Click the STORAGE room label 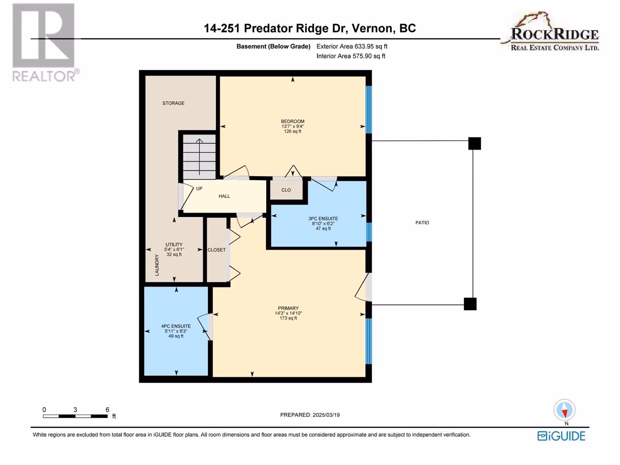(x=174, y=103)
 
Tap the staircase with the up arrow (x=200, y=157)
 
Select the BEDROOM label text (x=293, y=121)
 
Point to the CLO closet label (x=286, y=190)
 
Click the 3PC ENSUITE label (x=323, y=219)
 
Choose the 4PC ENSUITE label (x=176, y=326)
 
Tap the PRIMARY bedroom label (x=288, y=308)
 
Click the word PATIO (x=422, y=223)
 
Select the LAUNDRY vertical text (x=157, y=265)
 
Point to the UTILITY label (x=174, y=245)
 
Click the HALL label (x=224, y=196)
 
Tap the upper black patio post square (x=475, y=143)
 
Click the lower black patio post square (x=470, y=304)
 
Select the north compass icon (x=564, y=410)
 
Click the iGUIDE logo (x=561, y=436)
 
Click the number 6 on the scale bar (x=107, y=410)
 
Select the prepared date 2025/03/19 (x=326, y=415)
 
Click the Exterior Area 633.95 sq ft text (x=352, y=46)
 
